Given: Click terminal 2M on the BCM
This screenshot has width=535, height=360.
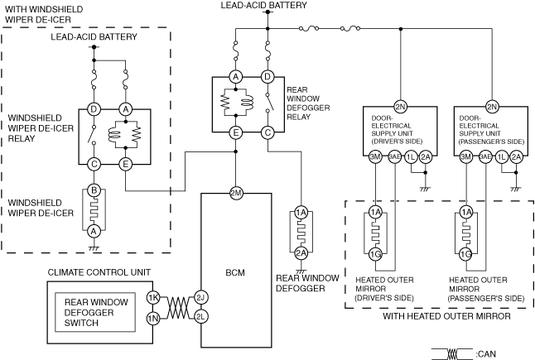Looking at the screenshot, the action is (236, 194).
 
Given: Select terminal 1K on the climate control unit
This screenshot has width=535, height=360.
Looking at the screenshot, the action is (153, 298).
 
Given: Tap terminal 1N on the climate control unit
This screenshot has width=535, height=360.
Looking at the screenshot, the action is (153, 319).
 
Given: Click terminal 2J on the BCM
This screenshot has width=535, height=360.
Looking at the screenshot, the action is (200, 298).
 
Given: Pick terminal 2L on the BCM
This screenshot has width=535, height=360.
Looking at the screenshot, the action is (200, 317).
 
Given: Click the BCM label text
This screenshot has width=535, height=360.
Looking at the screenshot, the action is (235, 272).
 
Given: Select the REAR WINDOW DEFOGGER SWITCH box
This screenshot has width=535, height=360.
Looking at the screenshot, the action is (95, 312).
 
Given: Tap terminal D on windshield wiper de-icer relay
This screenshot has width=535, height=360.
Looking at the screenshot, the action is (94, 109).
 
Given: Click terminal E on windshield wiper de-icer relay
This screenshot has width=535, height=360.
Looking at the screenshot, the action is (126, 165).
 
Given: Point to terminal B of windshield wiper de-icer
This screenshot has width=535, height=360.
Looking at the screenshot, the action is (94, 190).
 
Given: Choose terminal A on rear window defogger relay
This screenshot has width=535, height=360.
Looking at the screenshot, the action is (235, 77).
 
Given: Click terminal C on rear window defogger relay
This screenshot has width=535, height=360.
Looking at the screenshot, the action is (267, 132).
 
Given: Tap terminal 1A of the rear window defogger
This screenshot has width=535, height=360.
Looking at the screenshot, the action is (301, 213).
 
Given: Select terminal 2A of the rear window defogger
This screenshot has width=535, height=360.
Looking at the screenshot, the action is (301, 253).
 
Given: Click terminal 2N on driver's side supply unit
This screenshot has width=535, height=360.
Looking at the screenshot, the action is (400, 107).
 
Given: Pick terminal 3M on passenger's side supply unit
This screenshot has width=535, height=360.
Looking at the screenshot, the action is (465, 156).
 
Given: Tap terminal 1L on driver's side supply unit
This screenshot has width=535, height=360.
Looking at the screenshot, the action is (411, 156).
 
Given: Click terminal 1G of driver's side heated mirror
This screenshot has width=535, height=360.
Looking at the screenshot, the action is (375, 254).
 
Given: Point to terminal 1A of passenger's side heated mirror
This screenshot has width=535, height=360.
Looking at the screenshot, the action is (466, 212).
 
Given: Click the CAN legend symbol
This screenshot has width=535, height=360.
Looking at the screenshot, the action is (452, 354).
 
